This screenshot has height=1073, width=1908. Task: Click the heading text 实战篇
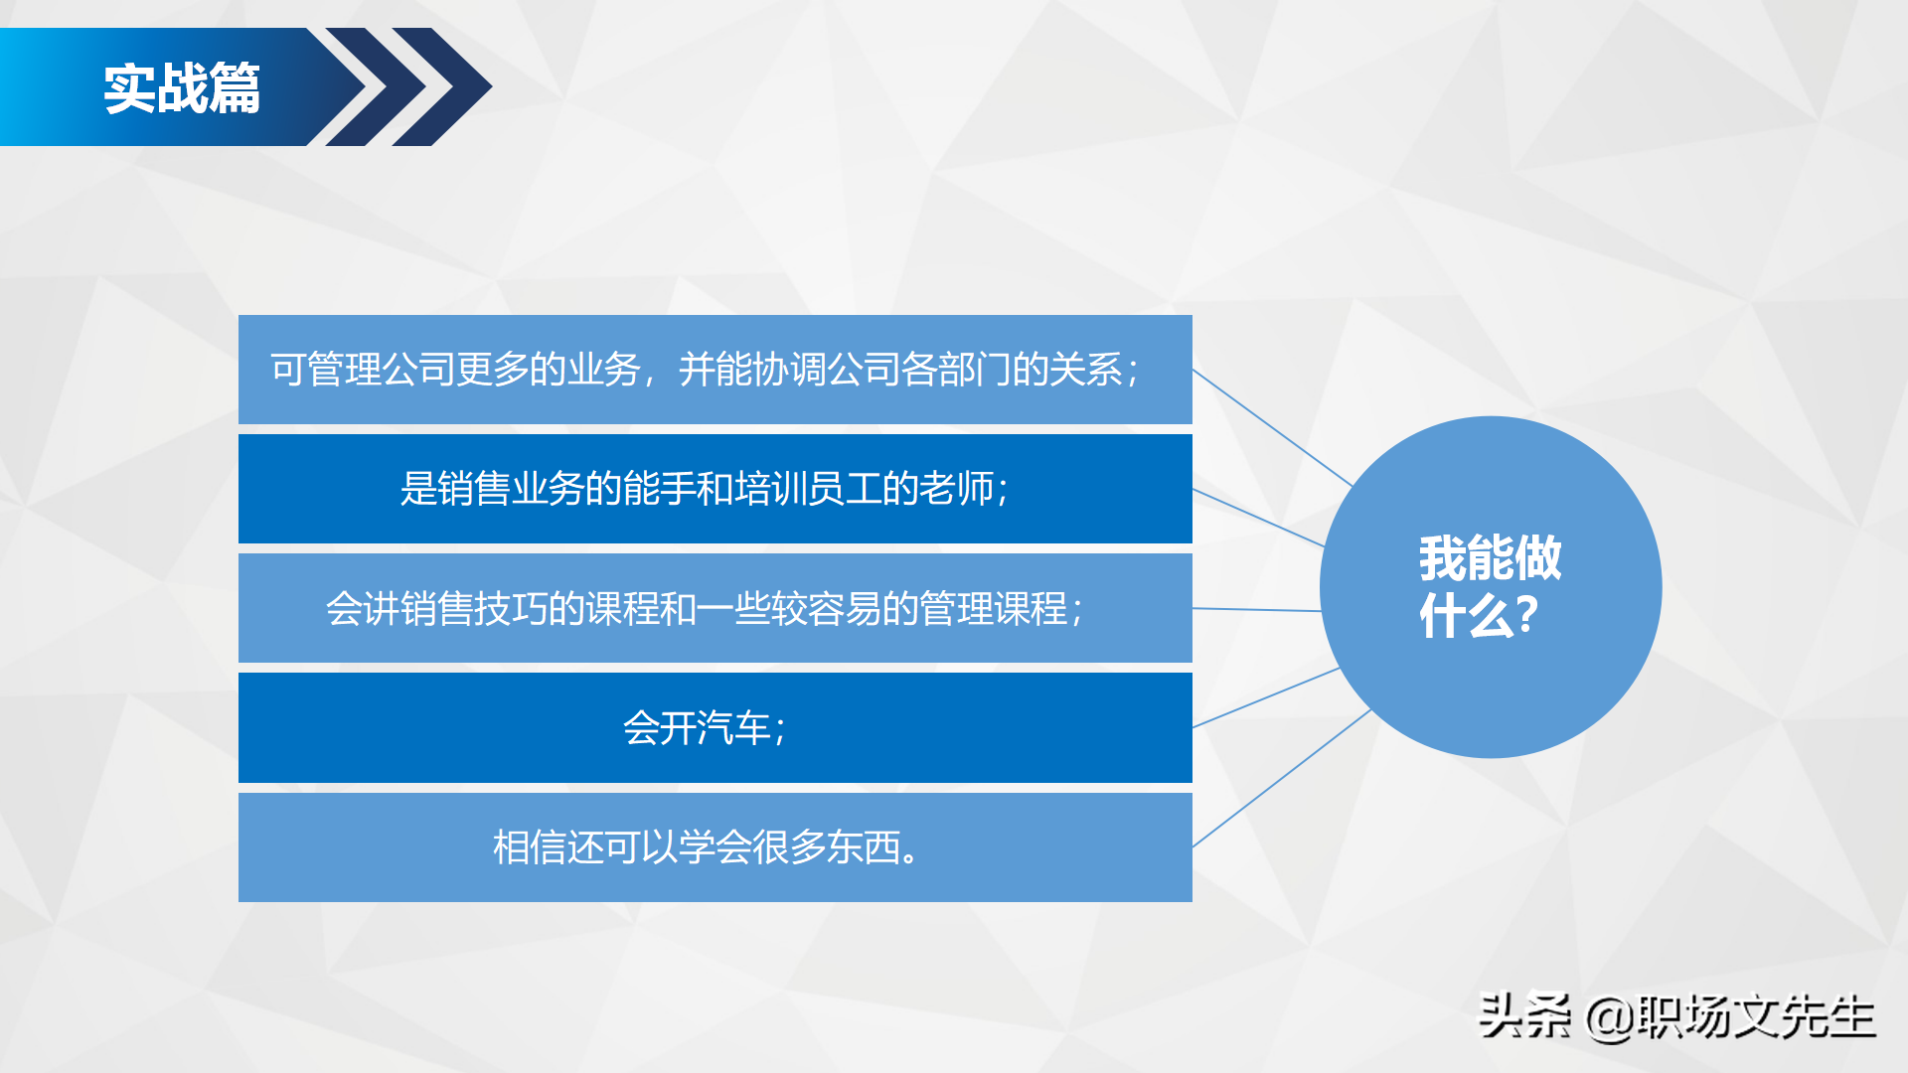click(182, 88)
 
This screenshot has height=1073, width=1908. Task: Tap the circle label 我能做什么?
click(1490, 586)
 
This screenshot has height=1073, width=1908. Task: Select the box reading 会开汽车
click(715, 728)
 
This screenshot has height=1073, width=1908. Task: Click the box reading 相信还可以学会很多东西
click(715, 847)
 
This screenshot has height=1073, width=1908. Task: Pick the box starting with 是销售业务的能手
click(715, 489)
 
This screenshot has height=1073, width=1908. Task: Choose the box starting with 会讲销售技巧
click(715, 608)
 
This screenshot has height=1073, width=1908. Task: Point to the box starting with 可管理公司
click(715, 370)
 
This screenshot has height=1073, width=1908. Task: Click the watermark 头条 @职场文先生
click(1676, 1016)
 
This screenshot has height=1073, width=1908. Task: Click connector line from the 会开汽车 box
click(1266, 697)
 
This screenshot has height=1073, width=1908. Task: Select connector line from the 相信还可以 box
click(1282, 778)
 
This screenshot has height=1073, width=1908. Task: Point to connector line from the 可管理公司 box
click(1272, 427)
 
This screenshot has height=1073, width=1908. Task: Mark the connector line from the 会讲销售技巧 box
click(1256, 609)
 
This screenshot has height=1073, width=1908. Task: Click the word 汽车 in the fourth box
click(733, 728)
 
